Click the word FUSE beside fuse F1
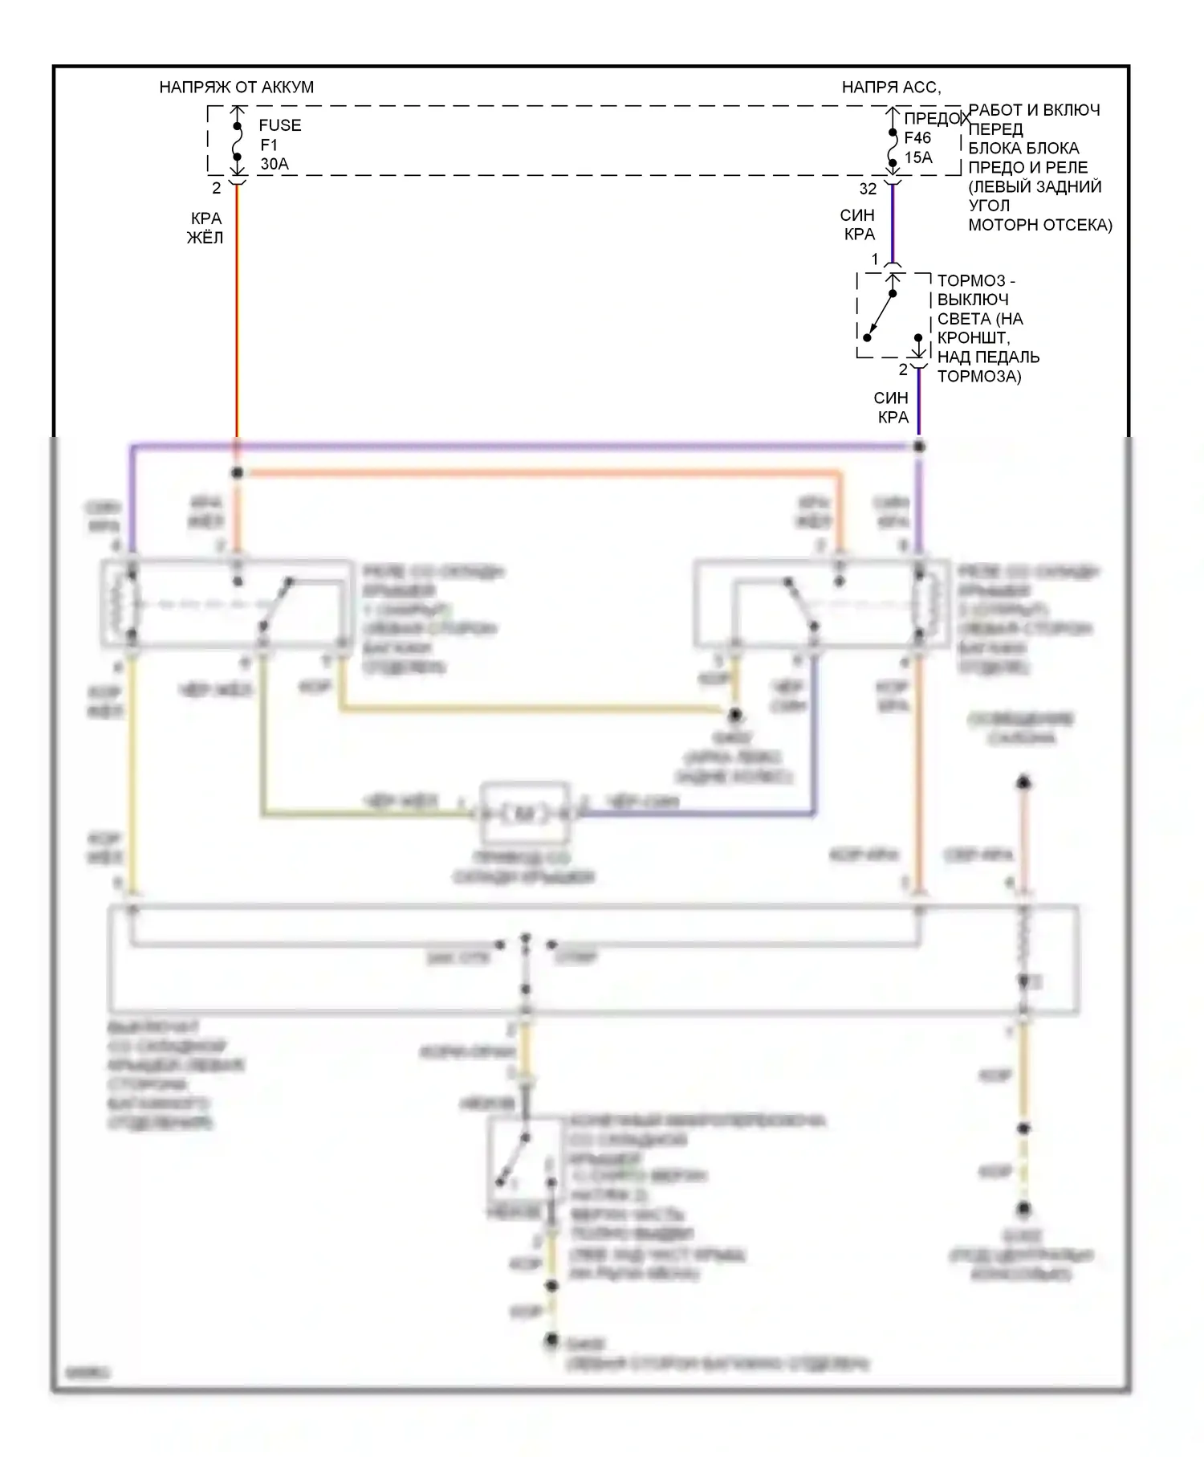tap(280, 125)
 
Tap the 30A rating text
tap(275, 164)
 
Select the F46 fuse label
tap(917, 138)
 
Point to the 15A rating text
tap(918, 157)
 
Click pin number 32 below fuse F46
tap(868, 189)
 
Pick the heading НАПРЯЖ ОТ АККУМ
tap(237, 87)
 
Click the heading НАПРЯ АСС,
tap(891, 87)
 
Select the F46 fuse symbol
tap(893, 148)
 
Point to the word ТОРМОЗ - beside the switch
tap(976, 280)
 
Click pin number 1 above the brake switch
tap(875, 259)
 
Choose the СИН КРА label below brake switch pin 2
tap(892, 407)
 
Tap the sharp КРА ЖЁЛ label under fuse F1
tap(205, 228)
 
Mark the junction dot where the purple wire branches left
tap(919, 446)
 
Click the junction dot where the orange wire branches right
tap(237, 472)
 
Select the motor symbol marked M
tap(524, 814)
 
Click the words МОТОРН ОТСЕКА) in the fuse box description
tap(1040, 225)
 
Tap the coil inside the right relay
tap(929, 603)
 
